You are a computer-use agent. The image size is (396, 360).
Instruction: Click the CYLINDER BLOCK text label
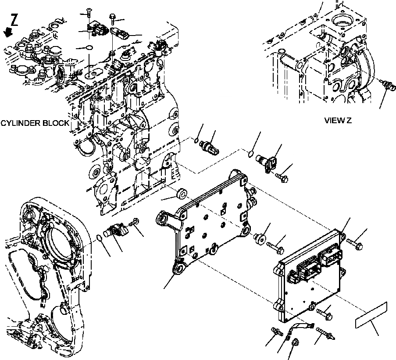point(35,123)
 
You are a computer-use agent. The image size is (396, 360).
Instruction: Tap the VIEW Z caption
point(338,120)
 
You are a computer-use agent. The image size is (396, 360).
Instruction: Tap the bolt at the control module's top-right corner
point(353,241)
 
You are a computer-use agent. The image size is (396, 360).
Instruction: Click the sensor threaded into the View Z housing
point(386,86)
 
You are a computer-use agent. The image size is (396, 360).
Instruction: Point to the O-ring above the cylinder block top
point(89,47)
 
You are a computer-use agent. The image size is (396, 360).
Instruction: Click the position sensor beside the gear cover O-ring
point(116,228)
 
